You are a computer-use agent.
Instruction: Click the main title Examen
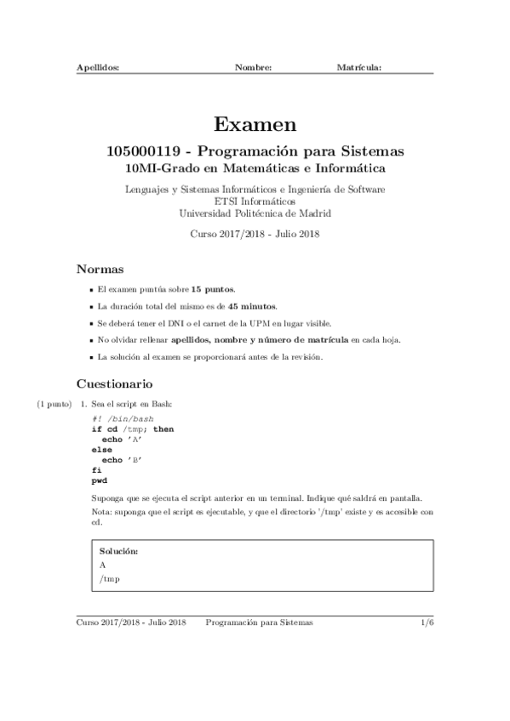(x=255, y=125)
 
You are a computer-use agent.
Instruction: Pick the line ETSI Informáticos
(x=255, y=201)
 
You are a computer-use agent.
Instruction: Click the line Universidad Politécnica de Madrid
(x=255, y=213)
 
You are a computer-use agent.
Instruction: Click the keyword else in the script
(x=100, y=449)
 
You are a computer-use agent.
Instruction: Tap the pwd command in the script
(x=99, y=480)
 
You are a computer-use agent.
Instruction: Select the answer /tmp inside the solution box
(x=109, y=579)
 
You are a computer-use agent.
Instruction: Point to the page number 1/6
(x=427, y=622)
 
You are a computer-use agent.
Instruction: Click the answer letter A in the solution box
(x=102, y=565)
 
